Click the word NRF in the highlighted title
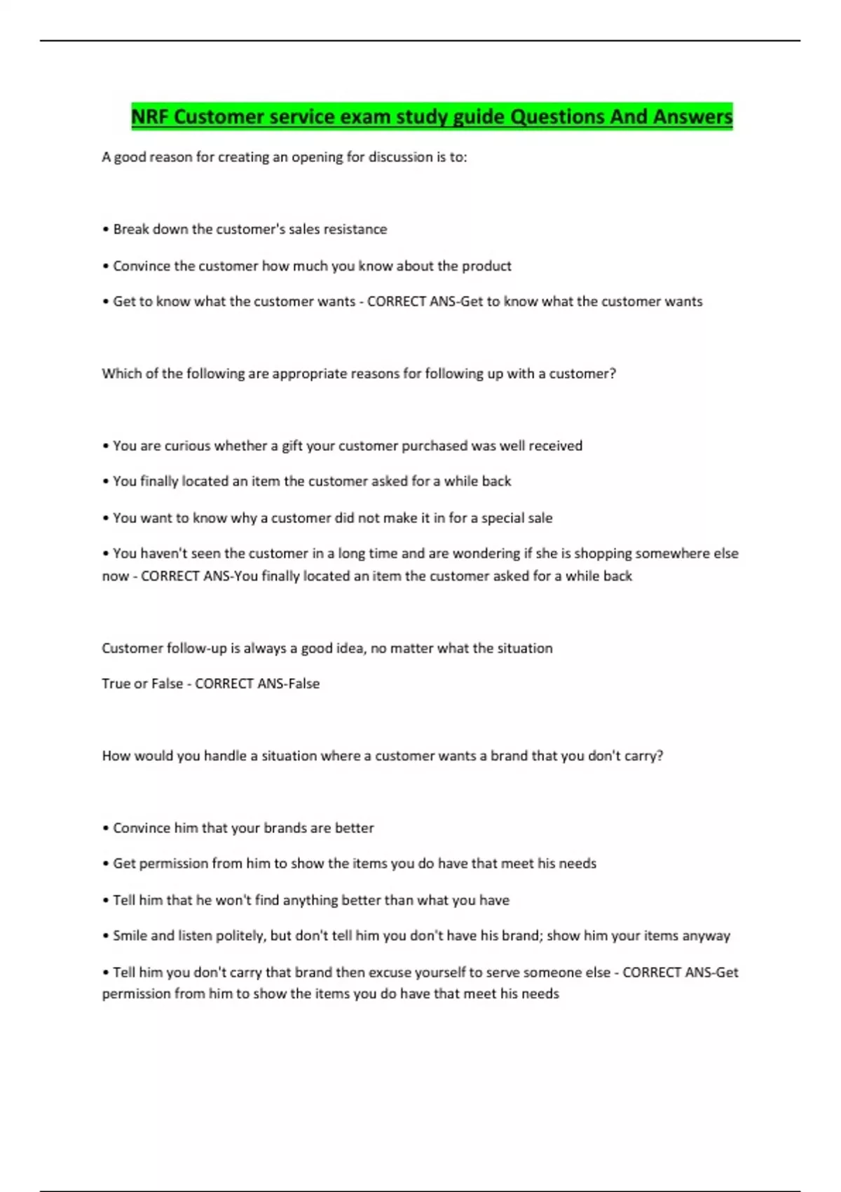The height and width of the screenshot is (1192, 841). pos(149,116)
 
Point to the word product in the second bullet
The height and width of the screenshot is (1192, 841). pos(488,266)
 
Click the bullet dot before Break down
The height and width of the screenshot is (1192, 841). pos(105,230)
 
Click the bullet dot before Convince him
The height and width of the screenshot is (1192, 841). pos(105,829)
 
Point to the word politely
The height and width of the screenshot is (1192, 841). pos(240,936)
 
